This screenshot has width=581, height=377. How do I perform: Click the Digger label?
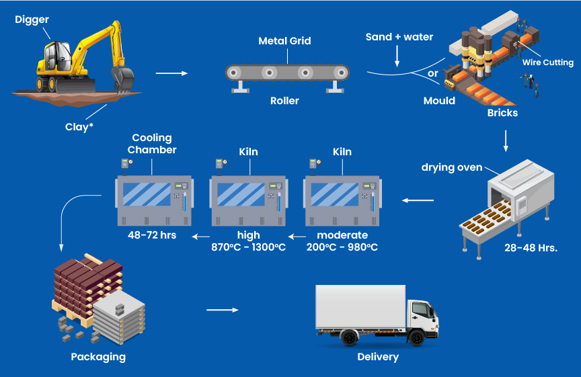coord(32,19)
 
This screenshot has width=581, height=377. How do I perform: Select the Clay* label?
coord(79,126)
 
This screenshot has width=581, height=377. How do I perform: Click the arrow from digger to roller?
coord(171,73)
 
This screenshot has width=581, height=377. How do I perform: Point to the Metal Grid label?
coord(284,41)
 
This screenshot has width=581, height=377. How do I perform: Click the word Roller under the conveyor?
coord(284,101)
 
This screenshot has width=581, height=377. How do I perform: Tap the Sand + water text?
coord(399,37)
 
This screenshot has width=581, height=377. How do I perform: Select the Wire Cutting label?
coord(548,62)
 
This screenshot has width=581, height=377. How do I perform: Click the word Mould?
coord(439,101)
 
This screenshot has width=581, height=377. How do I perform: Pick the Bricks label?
coord(502,113)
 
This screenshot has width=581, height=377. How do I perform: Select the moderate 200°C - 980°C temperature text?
coord(342,241)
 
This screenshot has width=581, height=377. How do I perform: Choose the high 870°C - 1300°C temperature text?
coord(248,241)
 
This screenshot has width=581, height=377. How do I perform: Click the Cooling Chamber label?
coord(154,143)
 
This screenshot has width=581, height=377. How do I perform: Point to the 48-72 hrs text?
coord(152,235)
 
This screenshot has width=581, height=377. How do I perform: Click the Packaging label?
coord(98,356)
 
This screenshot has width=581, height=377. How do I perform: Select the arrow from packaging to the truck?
coord(222,310)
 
